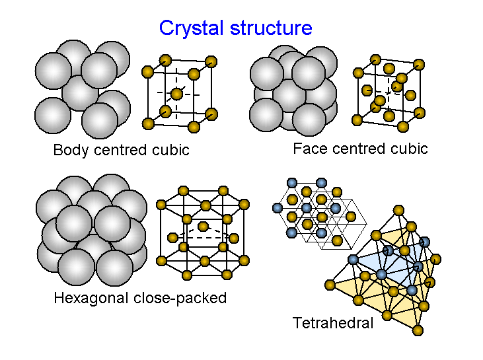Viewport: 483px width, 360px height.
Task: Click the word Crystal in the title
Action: pyautogui.click(x=192, y=28)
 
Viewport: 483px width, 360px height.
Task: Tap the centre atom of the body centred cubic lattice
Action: pyautogui.click(x=176, y=94)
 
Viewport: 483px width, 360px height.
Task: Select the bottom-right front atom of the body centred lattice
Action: pyautogui.click(x=194, y=126)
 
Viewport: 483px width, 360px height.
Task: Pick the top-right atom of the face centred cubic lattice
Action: pyautogui.click(x=418, y=64)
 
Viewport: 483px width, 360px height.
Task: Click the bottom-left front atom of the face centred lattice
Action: pyautogui.click(x=358, y=120)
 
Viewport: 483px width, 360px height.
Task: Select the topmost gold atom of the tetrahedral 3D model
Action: pyautogui.click(x=398, y=211)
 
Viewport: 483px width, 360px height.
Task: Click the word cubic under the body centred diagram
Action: pyautogui.click(x=171, y=150)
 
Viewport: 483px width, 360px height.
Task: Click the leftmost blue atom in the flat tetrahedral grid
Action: pyautogui.click(x=278, y=208)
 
